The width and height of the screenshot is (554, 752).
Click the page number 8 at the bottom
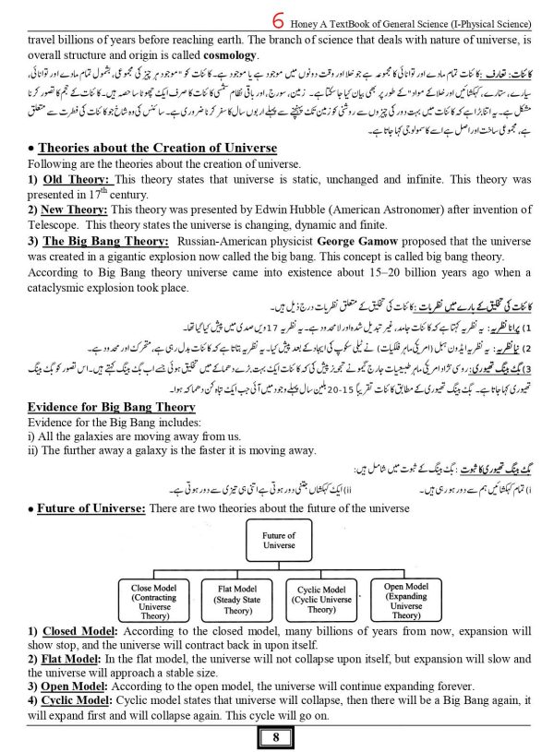coord(277,737)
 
